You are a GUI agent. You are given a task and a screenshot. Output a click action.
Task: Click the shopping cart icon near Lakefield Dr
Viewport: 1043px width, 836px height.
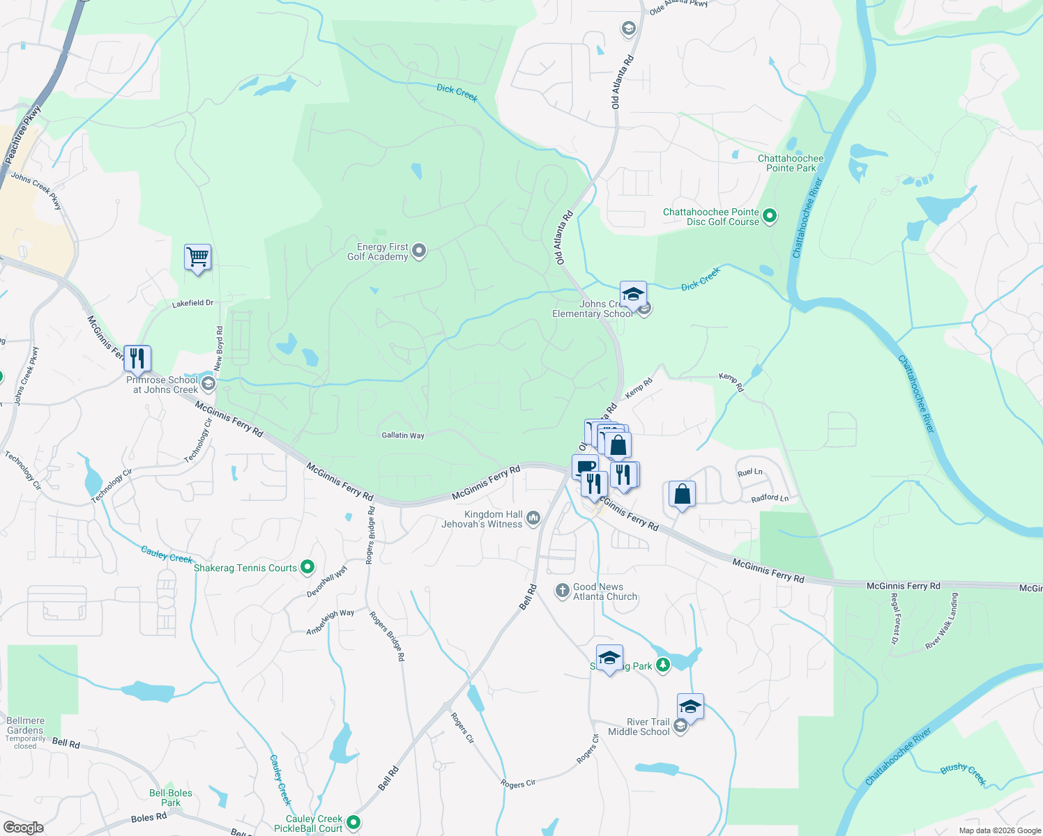pos(197,258)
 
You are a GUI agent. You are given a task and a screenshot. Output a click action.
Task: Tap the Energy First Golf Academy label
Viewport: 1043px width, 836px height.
pos(378,251)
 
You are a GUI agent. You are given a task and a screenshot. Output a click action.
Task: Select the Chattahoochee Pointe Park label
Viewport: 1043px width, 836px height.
pos(791,163)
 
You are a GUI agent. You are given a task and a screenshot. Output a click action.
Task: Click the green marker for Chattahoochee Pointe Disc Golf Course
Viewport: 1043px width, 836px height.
pos(770,217)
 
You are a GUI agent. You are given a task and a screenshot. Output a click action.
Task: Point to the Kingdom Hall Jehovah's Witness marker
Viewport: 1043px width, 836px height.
pos(533,518)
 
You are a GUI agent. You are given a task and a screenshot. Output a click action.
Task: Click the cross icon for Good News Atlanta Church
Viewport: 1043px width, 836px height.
pos(562,591)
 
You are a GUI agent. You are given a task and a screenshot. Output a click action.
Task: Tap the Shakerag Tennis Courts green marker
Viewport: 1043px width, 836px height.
pos(307,568)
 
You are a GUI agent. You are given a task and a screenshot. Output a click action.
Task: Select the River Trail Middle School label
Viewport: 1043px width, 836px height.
pos(639,727)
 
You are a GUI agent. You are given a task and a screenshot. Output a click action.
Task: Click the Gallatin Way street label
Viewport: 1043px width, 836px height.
pos(403,435)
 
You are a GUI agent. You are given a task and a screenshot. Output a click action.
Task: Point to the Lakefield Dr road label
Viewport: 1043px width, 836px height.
pos(192,304)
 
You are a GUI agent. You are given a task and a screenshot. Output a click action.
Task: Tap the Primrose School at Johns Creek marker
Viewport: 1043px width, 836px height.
pos(208,384)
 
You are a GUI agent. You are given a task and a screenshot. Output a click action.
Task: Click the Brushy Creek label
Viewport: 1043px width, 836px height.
pos(963,773)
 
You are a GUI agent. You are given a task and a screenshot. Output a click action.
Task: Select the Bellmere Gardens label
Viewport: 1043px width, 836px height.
pos(25,725)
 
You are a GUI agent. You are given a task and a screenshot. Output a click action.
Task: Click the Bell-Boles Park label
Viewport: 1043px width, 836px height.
pos(171,798)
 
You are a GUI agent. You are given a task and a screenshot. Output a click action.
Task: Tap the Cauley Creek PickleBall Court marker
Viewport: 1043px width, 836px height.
pos(353,823)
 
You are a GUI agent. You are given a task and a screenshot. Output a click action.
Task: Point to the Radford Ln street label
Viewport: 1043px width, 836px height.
pos(770,498)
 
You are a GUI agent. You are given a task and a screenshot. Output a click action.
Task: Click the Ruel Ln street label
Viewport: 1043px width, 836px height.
pos(749,472)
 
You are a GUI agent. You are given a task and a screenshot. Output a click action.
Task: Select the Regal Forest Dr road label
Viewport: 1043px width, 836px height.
pos(897,619)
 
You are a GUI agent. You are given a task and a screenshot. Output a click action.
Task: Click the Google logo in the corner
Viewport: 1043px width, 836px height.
pos(23,827)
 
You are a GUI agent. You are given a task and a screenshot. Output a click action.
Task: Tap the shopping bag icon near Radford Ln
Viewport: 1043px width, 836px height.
pos(682,495)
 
